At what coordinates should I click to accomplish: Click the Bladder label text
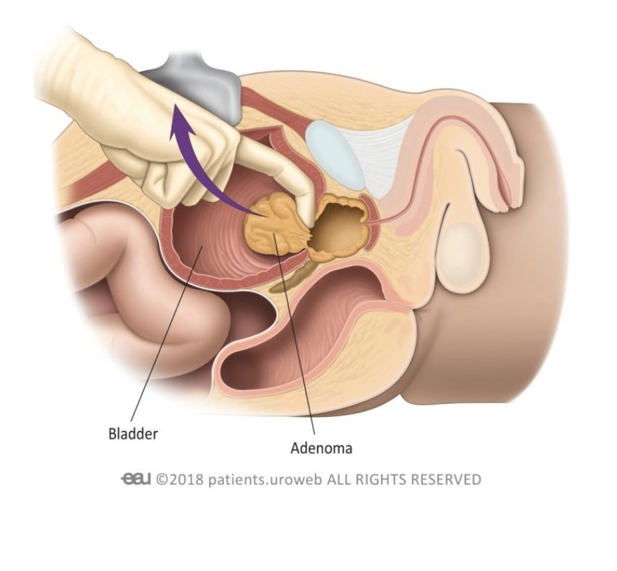pos(133,435)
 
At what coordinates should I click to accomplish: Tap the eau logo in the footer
pos(136,479)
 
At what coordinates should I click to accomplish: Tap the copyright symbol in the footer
pos(162,479)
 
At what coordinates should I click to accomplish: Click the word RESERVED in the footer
pos(447,479)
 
